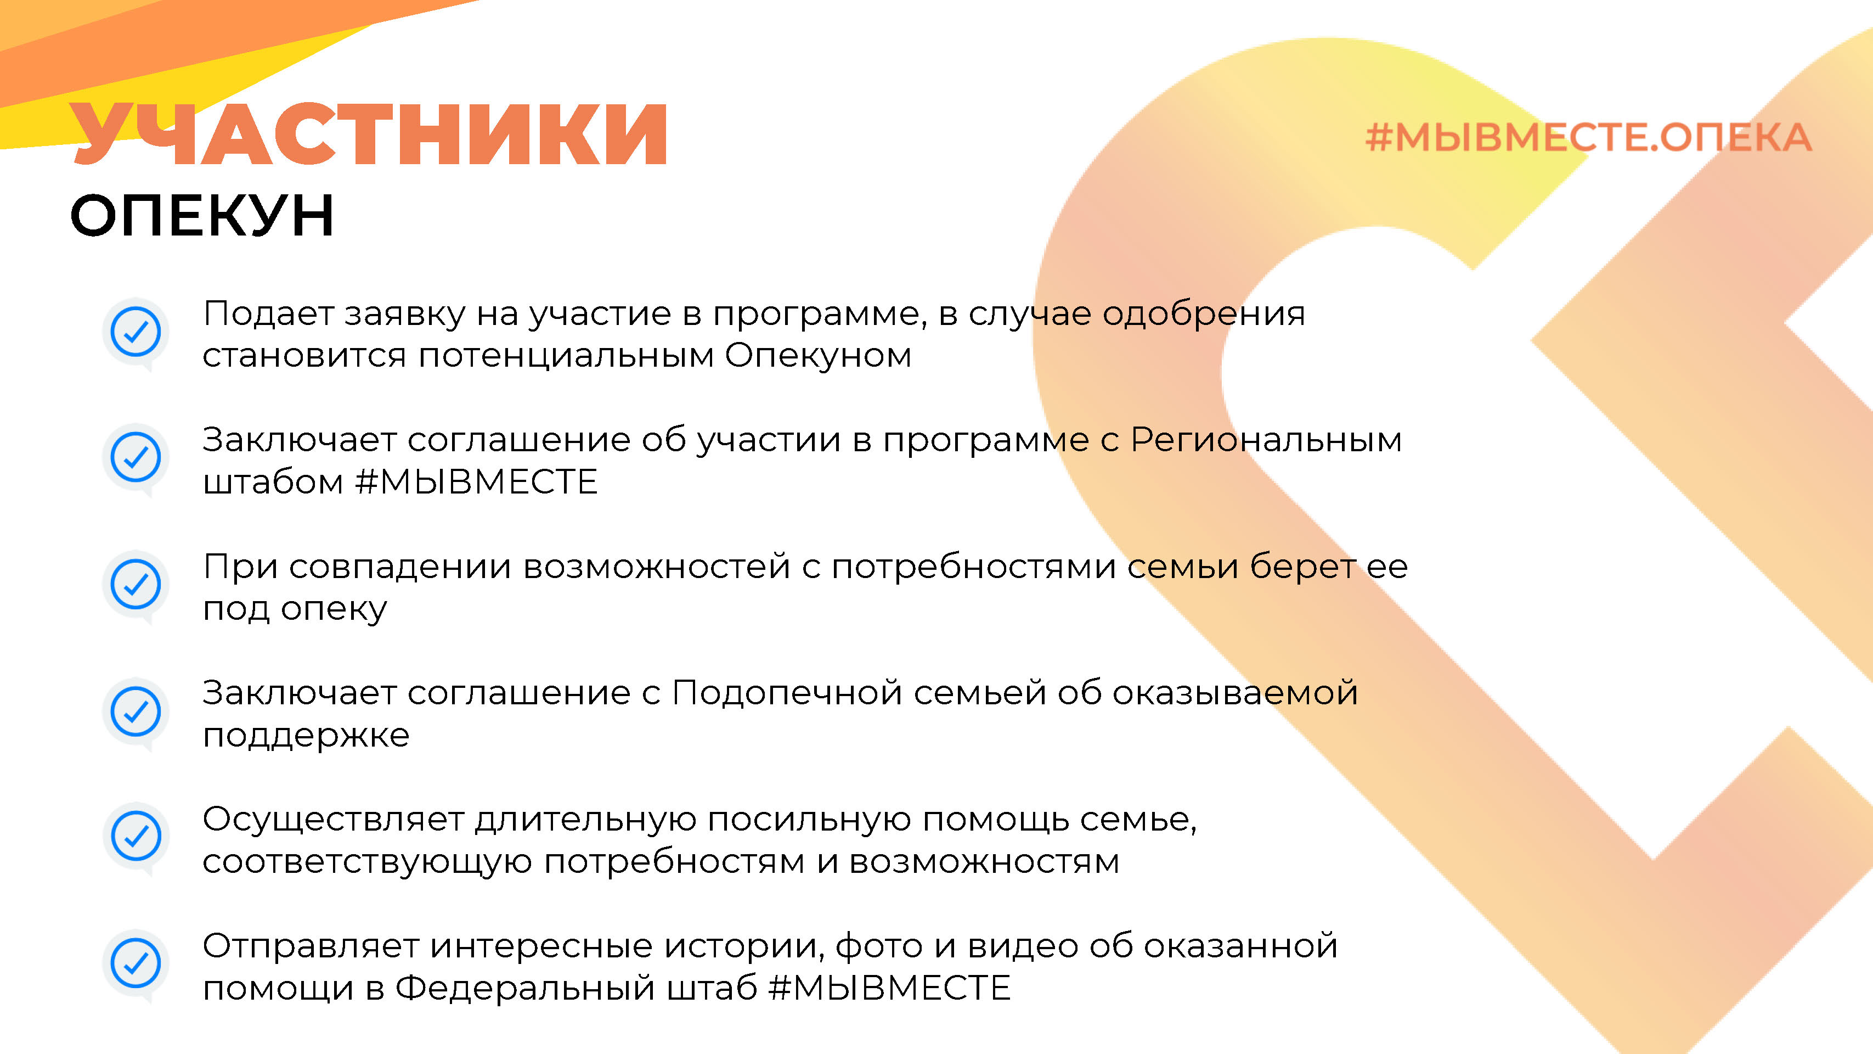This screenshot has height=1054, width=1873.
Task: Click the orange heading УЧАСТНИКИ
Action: [369, 134]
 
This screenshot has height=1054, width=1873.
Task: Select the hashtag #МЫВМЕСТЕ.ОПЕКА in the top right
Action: [1588, 137]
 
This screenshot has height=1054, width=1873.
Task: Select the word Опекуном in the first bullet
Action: [818, 356]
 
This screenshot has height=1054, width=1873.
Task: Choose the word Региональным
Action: [1266, 441]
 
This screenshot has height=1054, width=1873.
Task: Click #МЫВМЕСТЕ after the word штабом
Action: [476, 481]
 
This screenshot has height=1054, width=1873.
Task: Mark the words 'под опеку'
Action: [295, 609]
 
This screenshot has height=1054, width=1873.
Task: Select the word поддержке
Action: [306, 736]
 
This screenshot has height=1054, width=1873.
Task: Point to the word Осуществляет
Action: [333, 820]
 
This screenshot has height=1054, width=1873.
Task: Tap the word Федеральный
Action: [525, 989]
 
